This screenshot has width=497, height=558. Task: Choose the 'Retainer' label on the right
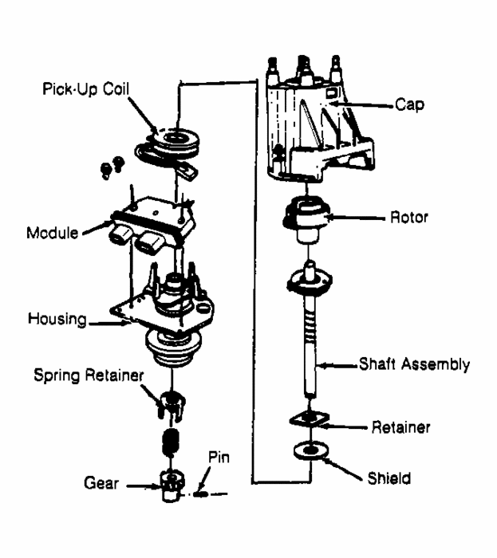tap(401, 427)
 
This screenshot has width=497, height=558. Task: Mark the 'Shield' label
tap(391, 479)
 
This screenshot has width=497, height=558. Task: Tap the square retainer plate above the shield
tap(308, 420)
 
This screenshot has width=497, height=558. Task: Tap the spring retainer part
tap(170, 403)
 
